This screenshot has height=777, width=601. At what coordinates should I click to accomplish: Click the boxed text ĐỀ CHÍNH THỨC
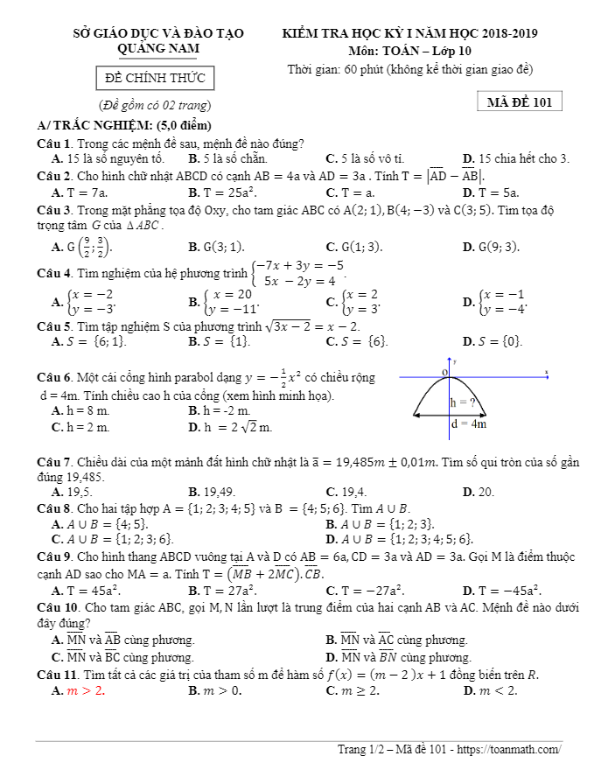(x=155, y=79)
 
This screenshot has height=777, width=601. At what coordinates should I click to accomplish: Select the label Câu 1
(x=54, y=143)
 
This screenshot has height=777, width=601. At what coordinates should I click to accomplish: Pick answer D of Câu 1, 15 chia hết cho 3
(x=515, y=158)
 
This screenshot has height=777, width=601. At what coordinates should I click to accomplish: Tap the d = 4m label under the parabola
(x=468, y=423)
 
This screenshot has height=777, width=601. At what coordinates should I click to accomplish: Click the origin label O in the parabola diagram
(x=444, y=373)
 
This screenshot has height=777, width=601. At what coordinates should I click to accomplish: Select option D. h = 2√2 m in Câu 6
(x=230, y=427)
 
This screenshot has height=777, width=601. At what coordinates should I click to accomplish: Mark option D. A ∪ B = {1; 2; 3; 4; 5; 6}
(x=399, y=538)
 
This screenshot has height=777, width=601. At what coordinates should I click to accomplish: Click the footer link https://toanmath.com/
(x=508, y=750)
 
